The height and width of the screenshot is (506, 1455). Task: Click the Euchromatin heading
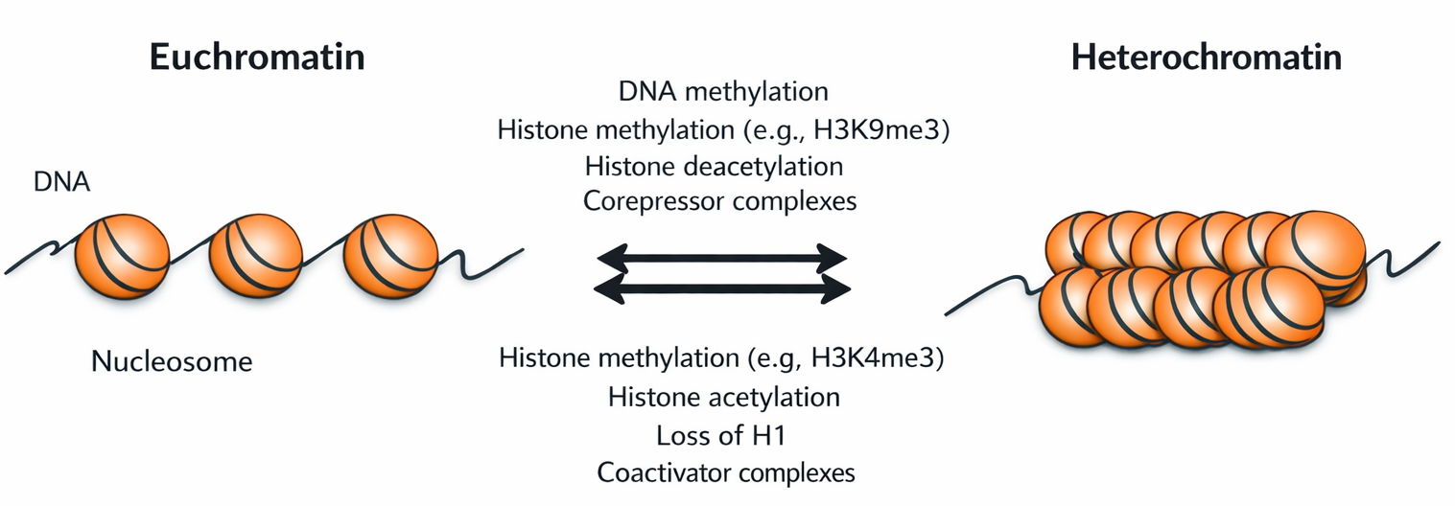(257, 58)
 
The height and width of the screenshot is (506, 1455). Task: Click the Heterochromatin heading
(1206, 58)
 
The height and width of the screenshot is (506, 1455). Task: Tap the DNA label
(61, 182)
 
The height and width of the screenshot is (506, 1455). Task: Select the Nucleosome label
(172, 362)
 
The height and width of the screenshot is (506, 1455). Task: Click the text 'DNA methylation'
(723, 92)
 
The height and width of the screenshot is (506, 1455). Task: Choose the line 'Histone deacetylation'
(714, 166)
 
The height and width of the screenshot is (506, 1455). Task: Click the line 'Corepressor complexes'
(719, 202)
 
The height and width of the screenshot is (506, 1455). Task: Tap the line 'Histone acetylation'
(724, 396)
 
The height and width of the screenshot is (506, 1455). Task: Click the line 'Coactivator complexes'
(725, 471)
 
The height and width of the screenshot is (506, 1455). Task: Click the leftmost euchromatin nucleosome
(122, 254)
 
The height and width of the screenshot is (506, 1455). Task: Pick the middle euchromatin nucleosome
(255, 256)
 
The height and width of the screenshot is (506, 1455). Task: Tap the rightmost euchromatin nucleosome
(390, 256)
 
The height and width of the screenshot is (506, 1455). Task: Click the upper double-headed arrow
(721, 257)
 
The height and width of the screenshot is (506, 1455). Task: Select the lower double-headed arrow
(721, 287)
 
